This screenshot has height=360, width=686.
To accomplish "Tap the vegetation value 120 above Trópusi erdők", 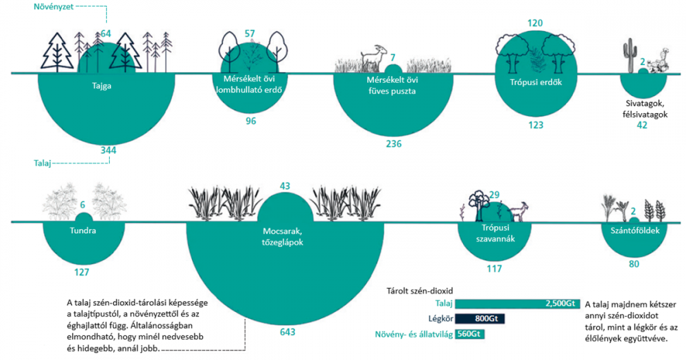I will click(x=536, y=23).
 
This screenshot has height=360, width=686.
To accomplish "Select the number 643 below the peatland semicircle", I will click(x=287, y=333).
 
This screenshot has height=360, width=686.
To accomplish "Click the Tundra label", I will click(x=82, y=230).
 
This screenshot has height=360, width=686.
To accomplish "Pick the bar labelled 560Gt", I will click(x=471, y=334).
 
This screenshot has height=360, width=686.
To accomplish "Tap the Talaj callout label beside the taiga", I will click(x=43, y=163).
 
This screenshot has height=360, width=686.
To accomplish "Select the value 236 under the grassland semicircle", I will click(x=393, y=144).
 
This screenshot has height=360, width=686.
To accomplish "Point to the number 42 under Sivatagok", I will click(x=642, y=125).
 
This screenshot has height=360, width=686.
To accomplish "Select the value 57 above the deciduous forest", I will click(x=250, y=34).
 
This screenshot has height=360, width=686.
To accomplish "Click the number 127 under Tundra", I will click(x=82, y=272).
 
